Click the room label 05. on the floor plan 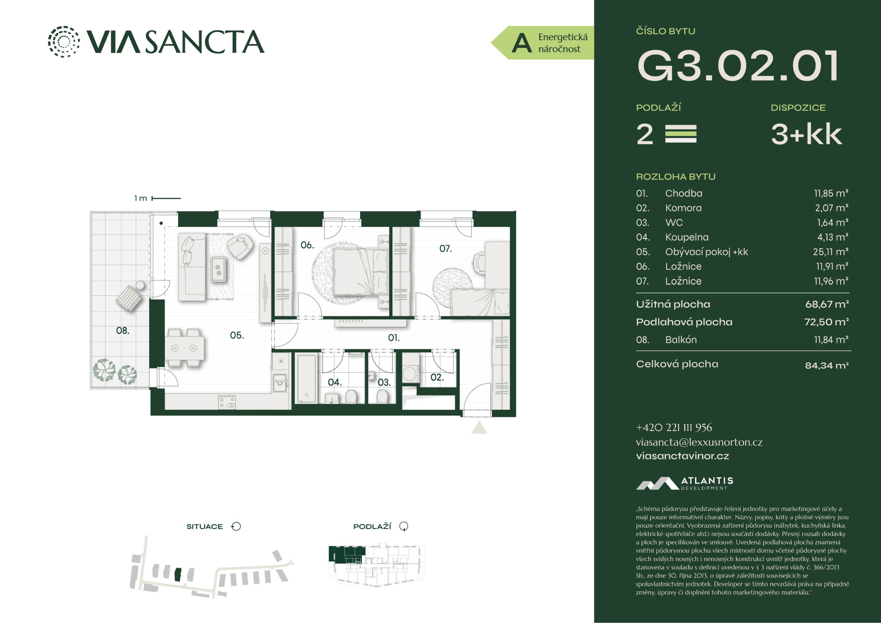click(237, 335)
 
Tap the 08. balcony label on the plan click(122, 330)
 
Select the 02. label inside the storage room click(437, 377)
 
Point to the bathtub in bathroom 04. click(307, 378)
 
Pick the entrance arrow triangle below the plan click(479, 427)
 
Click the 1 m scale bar click(166, 199)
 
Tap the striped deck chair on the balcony click(129, 298)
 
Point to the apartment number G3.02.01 click(737, 66)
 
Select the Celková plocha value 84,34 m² click(827, 365)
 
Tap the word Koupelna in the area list click(687, 237)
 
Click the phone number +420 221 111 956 click(674, 427)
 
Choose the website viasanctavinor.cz click(682, 456)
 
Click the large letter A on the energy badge click(522, 43)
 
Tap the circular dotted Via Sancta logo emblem click(64, 41)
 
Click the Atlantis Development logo click(685, 483)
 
